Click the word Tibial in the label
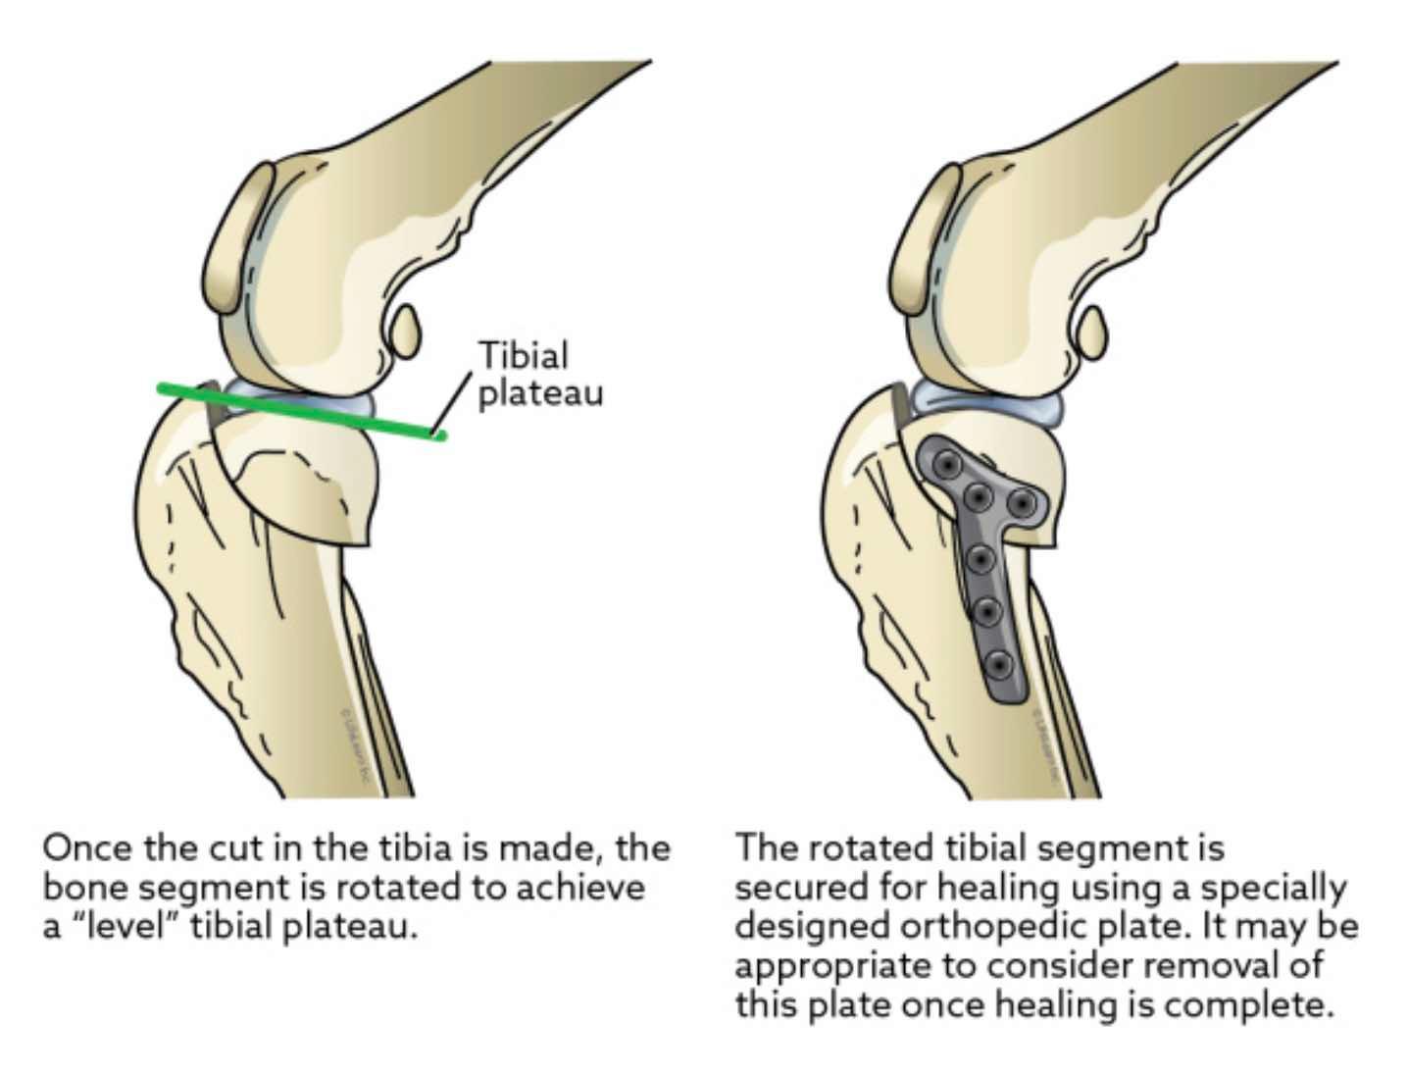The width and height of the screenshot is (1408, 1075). point(523,355)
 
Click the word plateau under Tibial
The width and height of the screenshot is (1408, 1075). point(540,393)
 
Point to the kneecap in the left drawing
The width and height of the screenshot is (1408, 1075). point(240,235)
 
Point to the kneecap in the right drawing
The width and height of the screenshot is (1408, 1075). point(928,235)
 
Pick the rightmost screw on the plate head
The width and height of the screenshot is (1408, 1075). point(1023,503)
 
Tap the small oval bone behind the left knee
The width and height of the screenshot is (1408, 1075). point(404,332)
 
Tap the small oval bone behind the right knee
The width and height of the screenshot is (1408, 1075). point(1091,332)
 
